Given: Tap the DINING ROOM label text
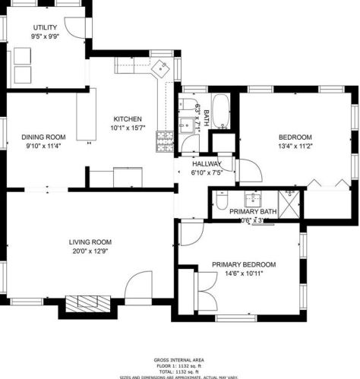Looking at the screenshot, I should (x=44, y=137).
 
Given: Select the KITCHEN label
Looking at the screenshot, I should (x=128, y=119).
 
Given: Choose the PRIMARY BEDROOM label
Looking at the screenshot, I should (x=243, y=264).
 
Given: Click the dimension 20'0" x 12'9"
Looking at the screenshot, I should (x=89, y=251).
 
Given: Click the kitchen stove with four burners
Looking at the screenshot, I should (x=164, y=139).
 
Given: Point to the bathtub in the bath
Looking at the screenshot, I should (x=221, y=111).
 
